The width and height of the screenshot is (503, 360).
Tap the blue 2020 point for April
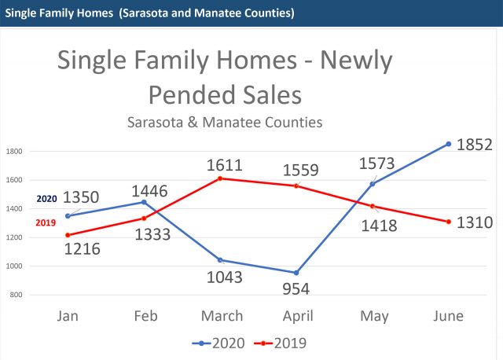[296, 273]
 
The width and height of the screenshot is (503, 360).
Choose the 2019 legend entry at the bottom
[282, 343]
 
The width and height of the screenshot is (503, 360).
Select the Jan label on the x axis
[67, 316]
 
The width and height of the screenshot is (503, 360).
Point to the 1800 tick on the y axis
[15, 151]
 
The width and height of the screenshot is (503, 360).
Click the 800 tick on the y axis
[17, 295]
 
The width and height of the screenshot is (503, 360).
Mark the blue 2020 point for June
[449, 144]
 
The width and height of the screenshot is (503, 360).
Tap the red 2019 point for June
[449, 222]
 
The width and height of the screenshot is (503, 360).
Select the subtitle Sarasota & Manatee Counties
[224, 123]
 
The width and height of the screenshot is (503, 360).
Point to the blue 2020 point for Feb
[143, 202]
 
